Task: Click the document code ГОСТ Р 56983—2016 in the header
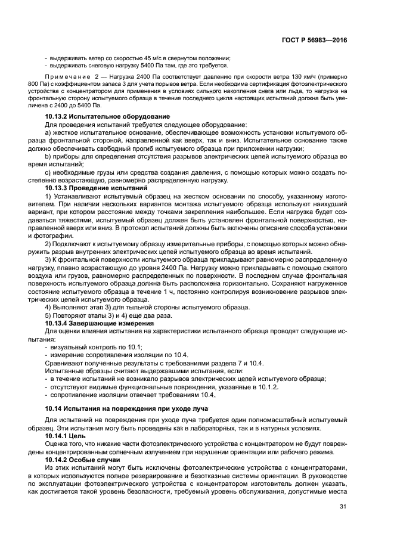coord(316,39)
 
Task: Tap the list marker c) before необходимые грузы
coord(48,172)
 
